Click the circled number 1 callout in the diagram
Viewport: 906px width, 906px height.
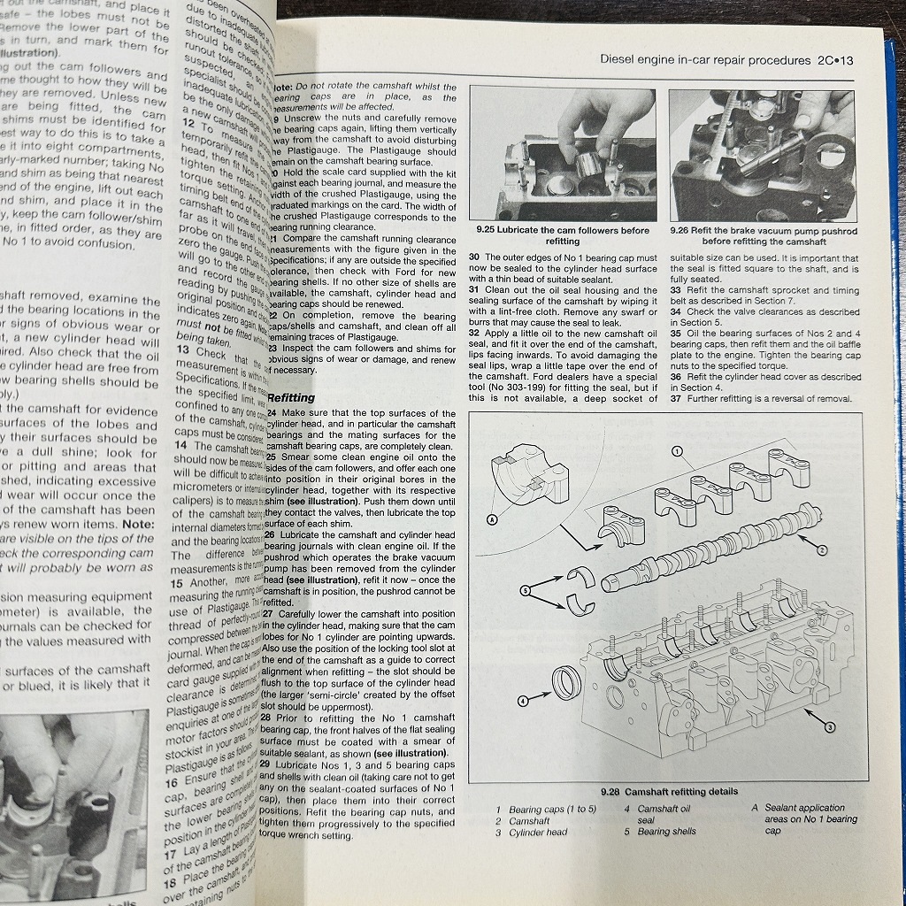(677, 451)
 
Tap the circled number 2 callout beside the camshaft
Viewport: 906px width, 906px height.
(822, 549)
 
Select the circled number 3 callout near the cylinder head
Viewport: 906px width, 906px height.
(829, 727)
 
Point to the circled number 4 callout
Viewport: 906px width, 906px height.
(523, 702)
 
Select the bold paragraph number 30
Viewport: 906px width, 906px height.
(475, 257)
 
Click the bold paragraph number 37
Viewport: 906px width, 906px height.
(677, 399)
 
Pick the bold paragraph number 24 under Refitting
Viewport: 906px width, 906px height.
(273, 413)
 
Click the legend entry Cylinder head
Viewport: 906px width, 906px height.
(538, 833)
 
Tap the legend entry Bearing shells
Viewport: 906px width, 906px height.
(666, 832)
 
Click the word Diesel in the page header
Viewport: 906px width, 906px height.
(619, 61)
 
